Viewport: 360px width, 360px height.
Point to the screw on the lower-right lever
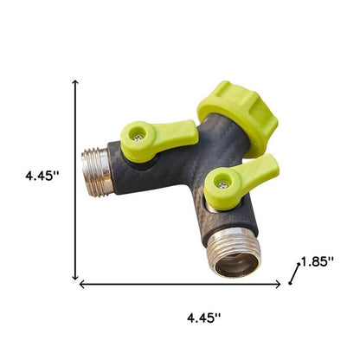click(x=223, y=183)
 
